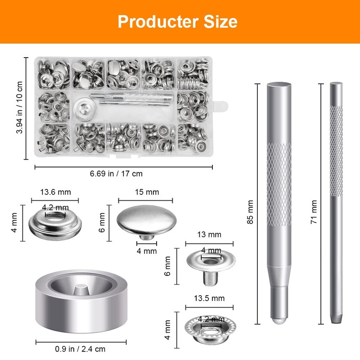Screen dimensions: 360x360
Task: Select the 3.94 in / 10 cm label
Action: [x=19, y=107]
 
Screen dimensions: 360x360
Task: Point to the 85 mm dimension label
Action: [x=251, y=212]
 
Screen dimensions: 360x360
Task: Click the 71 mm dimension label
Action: [x=315, y=212]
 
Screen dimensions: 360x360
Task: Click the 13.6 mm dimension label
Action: [x=55, y=192]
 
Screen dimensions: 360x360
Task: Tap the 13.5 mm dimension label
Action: [x=208, y=298]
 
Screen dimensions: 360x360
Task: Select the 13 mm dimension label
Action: [x=209, y=234]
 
